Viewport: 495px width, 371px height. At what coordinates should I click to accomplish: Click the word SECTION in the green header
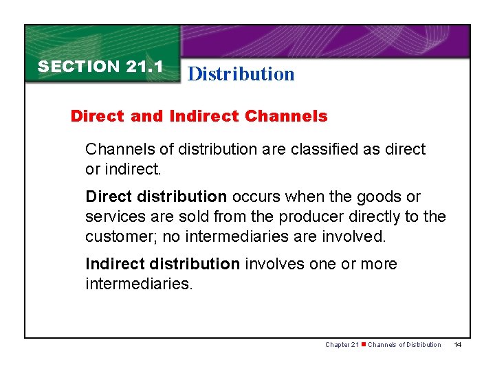pos(79,67)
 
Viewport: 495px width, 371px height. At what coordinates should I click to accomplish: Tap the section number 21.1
pos(144,67)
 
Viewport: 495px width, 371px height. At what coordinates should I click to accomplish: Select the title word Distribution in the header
pos(241,74)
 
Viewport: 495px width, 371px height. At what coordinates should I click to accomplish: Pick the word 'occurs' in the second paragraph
pos(256,197)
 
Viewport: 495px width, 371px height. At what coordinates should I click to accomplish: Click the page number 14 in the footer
pos(457,344)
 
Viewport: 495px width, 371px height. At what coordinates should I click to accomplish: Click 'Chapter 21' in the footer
pos(342,344)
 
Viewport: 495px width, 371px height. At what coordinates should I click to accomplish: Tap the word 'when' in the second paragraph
pos(303,197)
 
